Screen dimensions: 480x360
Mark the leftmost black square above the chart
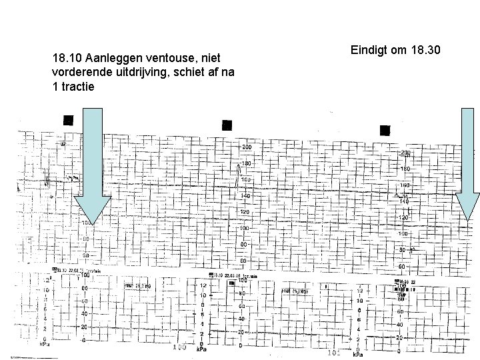pyautogui.click(x=67, y=120)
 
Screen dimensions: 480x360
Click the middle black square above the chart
pyautogui.click(x=227, y=125)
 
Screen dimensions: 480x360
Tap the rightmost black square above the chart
pyautogui.click(x=385, y=129)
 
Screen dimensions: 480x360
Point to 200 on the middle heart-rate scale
pyautogui.click(x=246, y=147)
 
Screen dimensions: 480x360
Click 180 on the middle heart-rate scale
pyautogui.click(x=246, y=163)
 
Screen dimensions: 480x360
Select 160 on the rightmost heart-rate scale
pyautogui.click(x=404, y=185)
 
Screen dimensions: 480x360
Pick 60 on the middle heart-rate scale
pyautogui.click(x=244, y=260)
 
